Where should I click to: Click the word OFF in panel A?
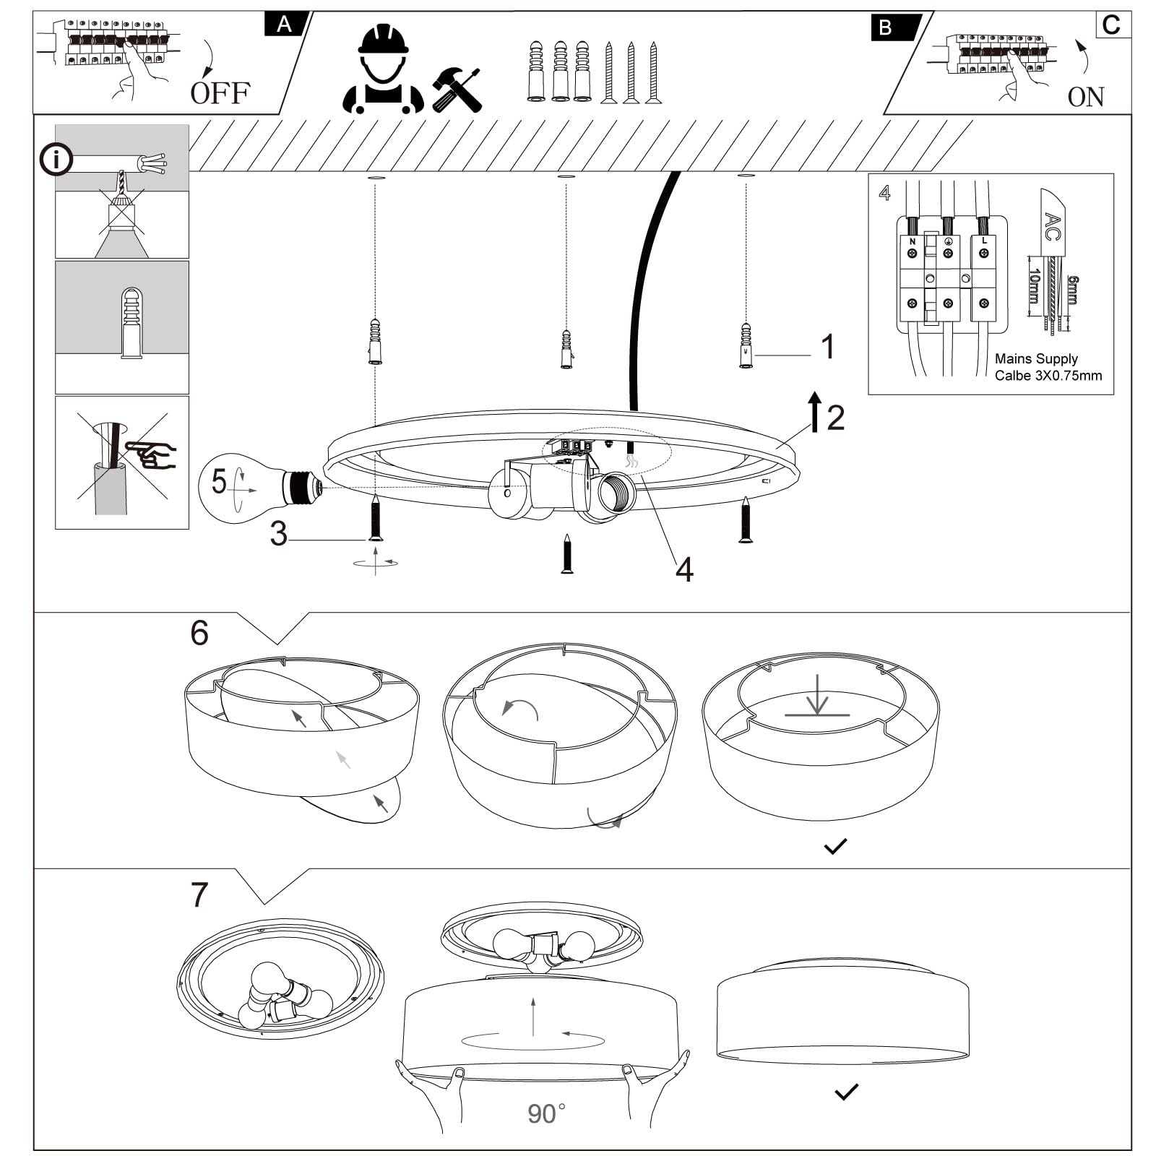click(220, 92)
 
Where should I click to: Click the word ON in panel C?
click(1085, 97)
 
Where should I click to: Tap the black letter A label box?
click(285, 25)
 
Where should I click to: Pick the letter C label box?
click(1111, 25)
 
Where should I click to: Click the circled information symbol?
click(56, 160)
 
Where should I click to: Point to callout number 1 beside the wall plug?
click(828, 347)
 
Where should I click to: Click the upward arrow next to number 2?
click(815, 412)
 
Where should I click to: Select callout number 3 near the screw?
click(279, 534)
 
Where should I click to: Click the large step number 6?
click(199, 633)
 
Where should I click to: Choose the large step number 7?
click(199, 894)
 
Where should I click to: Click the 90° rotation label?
click(546, 1113)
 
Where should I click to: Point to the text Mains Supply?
click(1035, 358)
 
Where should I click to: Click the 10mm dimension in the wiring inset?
click(1034, 286)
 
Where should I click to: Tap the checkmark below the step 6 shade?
click(835, 846)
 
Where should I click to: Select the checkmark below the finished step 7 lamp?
click(846, 1091)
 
